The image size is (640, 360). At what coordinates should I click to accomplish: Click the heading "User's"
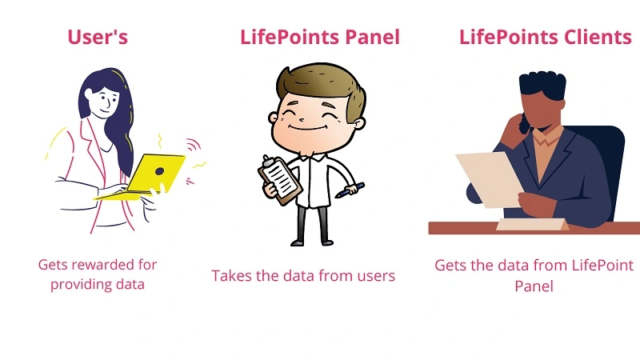98,37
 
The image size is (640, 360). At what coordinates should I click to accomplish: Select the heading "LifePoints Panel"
319,37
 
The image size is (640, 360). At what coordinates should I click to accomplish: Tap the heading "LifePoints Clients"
546,37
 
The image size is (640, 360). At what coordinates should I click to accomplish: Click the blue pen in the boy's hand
350,190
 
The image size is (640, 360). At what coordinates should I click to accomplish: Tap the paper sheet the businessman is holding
490,179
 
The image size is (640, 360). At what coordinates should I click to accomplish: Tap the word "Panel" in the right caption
534,286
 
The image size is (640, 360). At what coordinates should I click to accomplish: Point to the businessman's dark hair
542,85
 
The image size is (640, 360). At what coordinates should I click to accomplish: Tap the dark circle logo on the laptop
159,171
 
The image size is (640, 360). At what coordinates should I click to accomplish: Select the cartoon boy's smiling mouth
308,128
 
